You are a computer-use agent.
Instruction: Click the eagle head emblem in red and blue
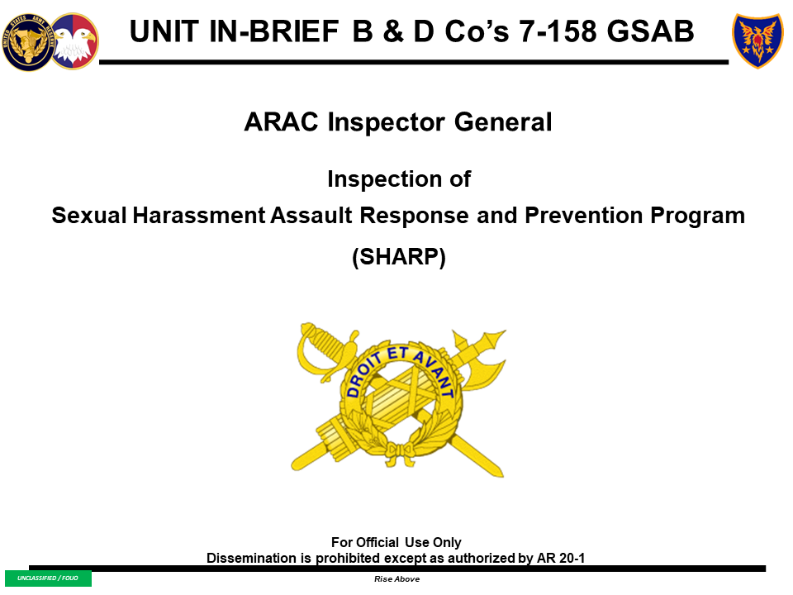[x=75, y=41]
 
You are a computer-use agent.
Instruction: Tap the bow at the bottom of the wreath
[x=399, y=450]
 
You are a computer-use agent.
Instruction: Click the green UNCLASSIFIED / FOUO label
[x=48, y=578]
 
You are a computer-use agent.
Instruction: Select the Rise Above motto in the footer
[x=396, y=579]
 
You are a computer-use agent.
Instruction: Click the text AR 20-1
[x=563, y=558]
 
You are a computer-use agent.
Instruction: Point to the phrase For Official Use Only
[x=396, y=543]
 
